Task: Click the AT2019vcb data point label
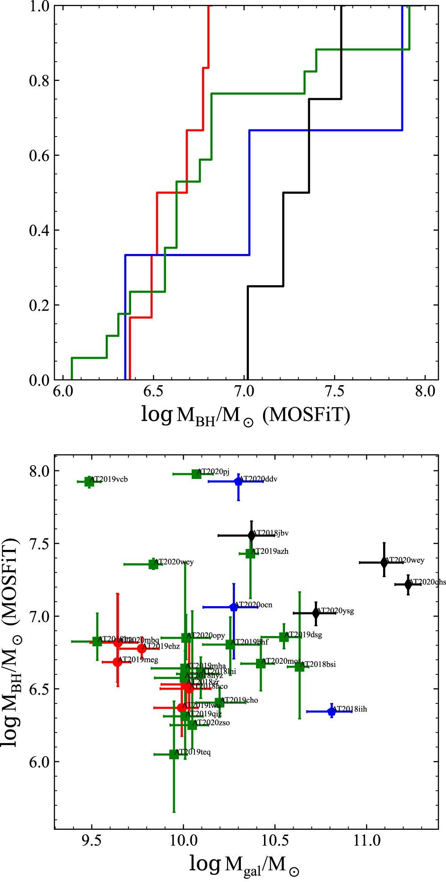[109, 479]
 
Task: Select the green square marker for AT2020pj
[196, 474]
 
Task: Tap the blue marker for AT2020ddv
[239, 481]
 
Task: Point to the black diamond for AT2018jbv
[252, 535]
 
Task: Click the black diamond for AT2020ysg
[316, 613]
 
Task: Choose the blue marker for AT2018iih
[331, 711]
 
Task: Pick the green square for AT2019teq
[174, 754]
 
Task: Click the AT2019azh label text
[269, 551]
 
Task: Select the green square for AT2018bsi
[299, 667]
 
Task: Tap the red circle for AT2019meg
[117, 662]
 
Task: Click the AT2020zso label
[211, 723]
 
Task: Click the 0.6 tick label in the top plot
[39, 155]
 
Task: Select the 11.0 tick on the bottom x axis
[367, 841]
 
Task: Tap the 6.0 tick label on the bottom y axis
[39, 762]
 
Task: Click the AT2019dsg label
[303, 635]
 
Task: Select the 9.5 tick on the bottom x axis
[92, 841]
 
